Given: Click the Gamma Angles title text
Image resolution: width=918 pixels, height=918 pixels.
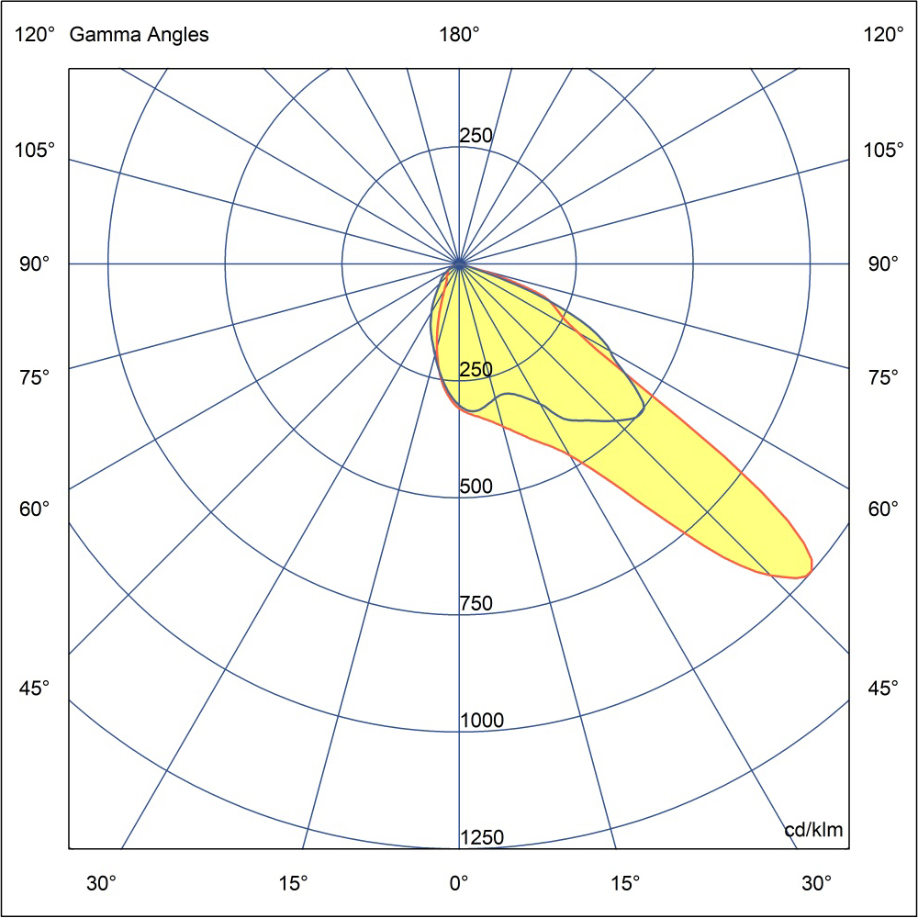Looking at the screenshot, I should pyautogui.click(x=140, y=36).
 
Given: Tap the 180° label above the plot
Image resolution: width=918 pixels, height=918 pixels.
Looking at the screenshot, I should pyautogui.click(x=459, y=36).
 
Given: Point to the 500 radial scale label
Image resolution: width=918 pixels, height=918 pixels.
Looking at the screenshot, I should pyautogui.click(x=476, y=487).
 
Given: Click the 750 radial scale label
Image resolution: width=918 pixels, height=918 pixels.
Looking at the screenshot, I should pyautogui.click(x=476, y=604).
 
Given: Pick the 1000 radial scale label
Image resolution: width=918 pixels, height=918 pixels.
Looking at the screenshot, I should pyautogui.click(x=482, y=721).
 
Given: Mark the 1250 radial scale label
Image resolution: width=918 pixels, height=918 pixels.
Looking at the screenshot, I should pyautogui.click(x=482, y=837).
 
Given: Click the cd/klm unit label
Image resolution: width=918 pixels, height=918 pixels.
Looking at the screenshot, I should pyautogui.click(x=813, y=830).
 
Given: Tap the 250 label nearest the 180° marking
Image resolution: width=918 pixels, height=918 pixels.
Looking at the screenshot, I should pyautogui.click(x=476, y=136).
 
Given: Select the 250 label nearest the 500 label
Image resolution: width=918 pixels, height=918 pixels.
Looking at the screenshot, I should pyautogui.click(x=476, y=370).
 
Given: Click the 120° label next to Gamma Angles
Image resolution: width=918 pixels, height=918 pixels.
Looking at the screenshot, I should pyautogui.click(x=35, y=36).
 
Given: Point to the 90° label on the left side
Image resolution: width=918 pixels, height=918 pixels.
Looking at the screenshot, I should pyautogui.click(x=35, y=264).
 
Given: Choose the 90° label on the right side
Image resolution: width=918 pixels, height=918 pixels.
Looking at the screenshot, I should pyautogui.click(x=883, y=264).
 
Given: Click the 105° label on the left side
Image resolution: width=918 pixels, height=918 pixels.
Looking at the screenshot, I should pyautogui.click(x=35, y=150).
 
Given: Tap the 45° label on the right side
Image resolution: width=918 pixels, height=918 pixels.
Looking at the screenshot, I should pyautogui.click(x=883, y=688).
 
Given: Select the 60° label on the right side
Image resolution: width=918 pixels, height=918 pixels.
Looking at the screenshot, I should pyautogui.click(x=883, y=509).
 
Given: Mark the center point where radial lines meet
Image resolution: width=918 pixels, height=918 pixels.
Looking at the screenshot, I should pyautogui.click(x=459, y=264).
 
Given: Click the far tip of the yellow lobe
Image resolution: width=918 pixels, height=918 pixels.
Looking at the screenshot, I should pyautogui.click(x=810, y=568).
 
